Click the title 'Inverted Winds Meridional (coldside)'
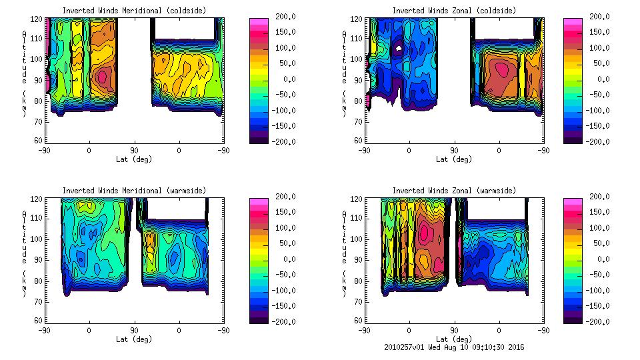[x=134, y=11]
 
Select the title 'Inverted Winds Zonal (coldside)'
[x=454, y=11]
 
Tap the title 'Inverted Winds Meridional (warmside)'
[x=134, y=191]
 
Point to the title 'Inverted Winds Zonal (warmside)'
[x=454, y=191]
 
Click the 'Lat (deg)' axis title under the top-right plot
[x=454, y=159]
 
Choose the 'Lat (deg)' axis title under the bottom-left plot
[x=134, y=339]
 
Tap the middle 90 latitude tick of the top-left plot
[x=134, y=150]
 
